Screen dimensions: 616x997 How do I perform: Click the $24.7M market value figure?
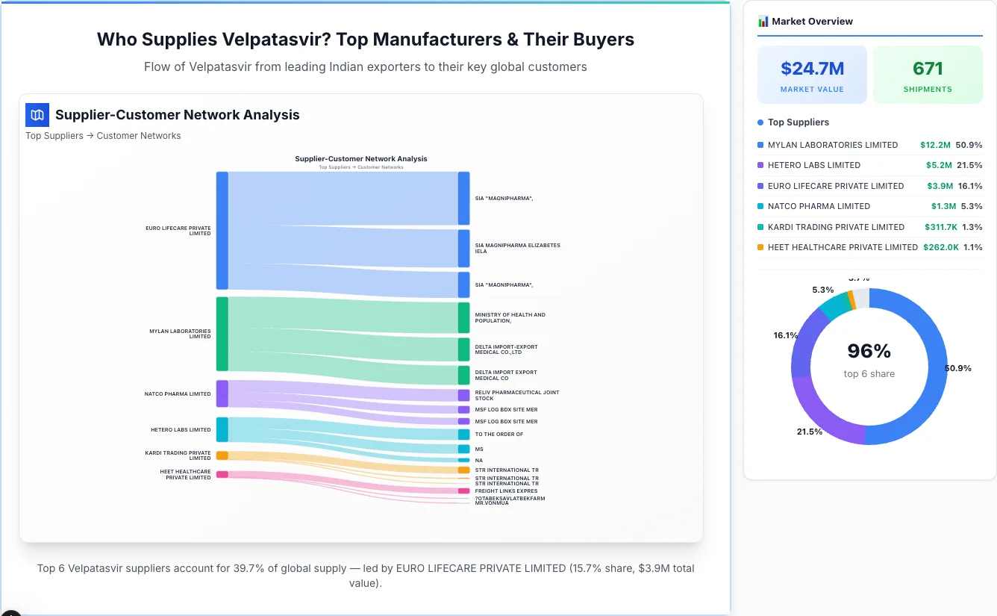point(812,69)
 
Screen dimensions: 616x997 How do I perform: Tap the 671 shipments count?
point(928,69)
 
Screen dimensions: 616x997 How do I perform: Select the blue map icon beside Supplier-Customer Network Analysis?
point(37,115)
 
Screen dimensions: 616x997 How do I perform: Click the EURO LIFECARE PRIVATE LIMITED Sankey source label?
point(178,231)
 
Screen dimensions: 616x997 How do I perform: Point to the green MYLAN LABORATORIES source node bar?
point(222,334)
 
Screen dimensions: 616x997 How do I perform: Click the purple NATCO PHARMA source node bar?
point(222,393)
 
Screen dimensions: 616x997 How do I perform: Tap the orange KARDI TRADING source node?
point(222,455)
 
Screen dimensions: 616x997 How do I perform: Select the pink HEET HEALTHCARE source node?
point(222,474)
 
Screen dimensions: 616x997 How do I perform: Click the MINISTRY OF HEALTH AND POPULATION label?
point(510,317)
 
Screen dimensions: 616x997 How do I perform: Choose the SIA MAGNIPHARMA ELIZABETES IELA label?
point(517,248)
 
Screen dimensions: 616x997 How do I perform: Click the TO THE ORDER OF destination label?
point(498,434)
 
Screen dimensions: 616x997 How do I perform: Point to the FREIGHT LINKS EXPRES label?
point(506,491)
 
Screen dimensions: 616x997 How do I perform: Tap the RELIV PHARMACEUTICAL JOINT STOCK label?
point(516,395)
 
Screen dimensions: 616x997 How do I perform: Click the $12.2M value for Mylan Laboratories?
point(935,145)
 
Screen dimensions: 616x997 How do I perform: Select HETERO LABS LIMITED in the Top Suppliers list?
point(814,165)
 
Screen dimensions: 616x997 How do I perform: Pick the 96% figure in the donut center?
point(869,351)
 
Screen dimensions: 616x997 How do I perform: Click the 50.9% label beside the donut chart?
point(957,368)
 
